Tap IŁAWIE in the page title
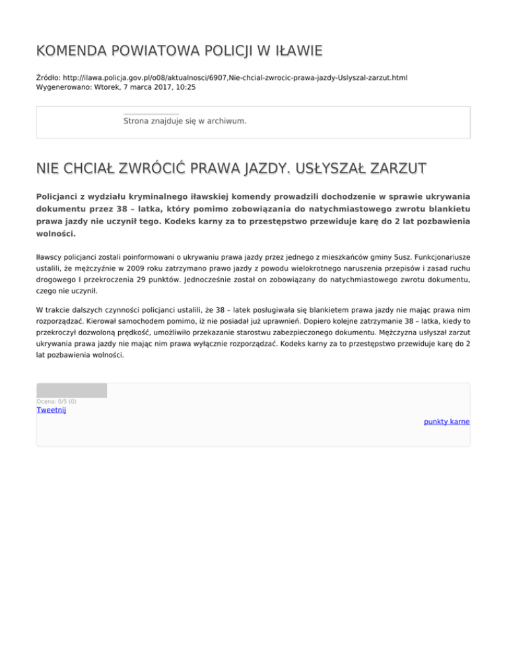point(296,51)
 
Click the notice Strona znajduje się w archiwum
point(185,121)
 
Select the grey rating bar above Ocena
point(71,390)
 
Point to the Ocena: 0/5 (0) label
point(56,401)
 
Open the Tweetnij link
point(51,410)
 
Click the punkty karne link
point(446,421)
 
